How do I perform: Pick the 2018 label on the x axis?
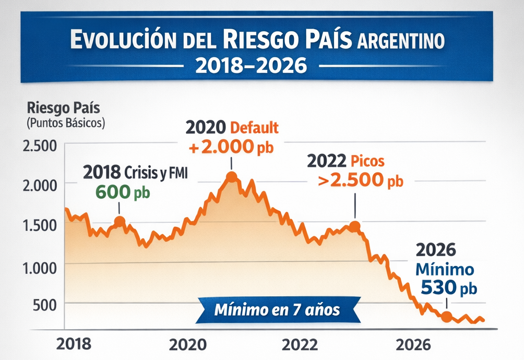coord(74,344)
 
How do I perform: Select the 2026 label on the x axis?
coord(413,344)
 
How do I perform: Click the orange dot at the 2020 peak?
coord(231,177)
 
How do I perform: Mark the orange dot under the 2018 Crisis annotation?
coord(120,221)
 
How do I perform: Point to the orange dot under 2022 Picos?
coord(354,226)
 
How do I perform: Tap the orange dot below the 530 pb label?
coord(446,317)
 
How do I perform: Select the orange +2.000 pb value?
coord(231,147)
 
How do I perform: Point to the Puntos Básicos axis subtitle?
coord(65,124)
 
